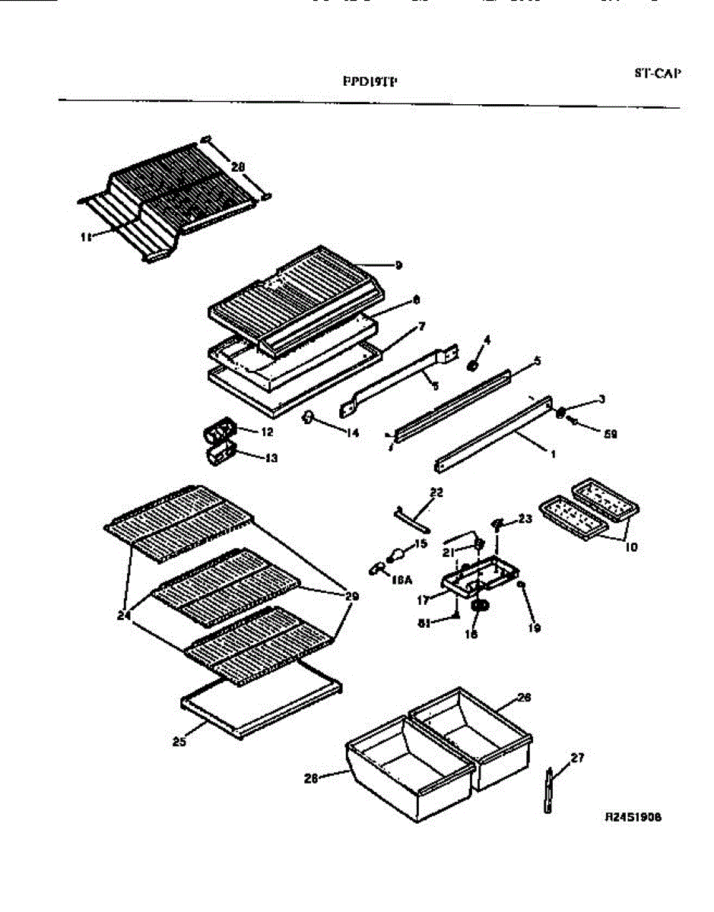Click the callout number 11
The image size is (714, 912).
point(85,237)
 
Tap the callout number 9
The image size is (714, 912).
point(398,265)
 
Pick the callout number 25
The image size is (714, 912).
point(179,742)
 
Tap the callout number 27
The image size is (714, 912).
point(577,757)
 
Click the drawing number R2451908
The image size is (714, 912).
point(633,818)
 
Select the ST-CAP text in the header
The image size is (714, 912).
point(657,74)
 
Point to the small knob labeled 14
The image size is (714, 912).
point(309,416)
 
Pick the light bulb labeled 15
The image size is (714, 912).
point(396,557)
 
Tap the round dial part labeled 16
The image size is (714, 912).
point(479,606)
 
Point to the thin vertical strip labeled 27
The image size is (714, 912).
point(548,792)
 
